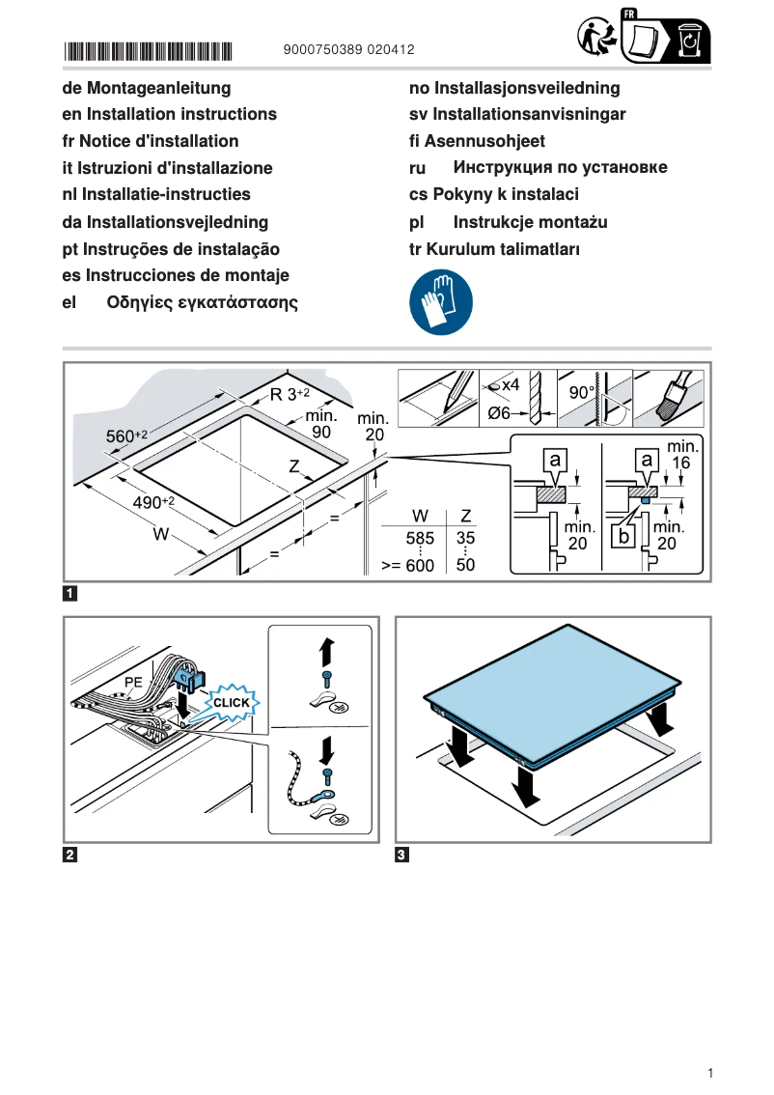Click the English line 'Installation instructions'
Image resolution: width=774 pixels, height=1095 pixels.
click(x=169, y=114)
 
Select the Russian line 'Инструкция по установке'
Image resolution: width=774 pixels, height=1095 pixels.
click(x=560, y=168)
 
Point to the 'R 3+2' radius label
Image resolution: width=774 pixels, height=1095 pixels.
click(x=290, y=394)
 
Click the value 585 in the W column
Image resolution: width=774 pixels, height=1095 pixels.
click(x=420, y=537)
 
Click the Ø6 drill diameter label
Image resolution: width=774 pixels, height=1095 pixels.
click(x=499, y=413)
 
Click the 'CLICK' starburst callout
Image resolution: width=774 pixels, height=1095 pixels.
click(x=231, y=702)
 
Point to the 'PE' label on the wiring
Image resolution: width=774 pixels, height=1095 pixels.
click(x=133, y=682)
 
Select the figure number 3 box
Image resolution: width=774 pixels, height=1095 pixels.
click(x=402, y=855)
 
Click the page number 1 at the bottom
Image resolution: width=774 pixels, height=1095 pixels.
click(x=709, y=1073)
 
